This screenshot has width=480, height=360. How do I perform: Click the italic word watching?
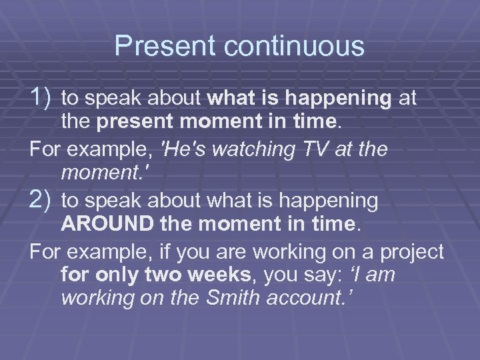click(x=253, y=149)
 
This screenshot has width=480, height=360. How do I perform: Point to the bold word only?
click(x=128, y=273)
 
